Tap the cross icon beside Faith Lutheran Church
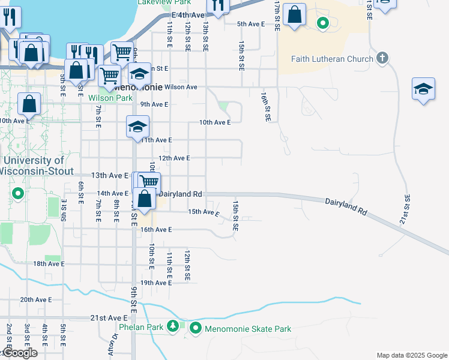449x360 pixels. [x=382, y=58]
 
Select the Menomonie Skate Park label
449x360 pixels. [x=248, y=329]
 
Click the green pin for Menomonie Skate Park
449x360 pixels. [x=196, y=328]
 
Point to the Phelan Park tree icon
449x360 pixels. [x=173, y=326]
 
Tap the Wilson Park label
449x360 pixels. [x=110, y=98]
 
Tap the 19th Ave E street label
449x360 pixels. [x=155, y=283]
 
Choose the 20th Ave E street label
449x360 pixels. [x=36, y=299]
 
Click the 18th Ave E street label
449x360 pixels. [x=48, y=263]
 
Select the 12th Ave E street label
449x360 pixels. [x=173, y=158]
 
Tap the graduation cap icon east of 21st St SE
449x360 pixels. [x=423, y=89]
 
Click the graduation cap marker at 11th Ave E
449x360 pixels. [x=137, y=127]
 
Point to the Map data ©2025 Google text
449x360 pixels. [x=411, y=355]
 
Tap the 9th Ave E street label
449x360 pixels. [x=154, y=104]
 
